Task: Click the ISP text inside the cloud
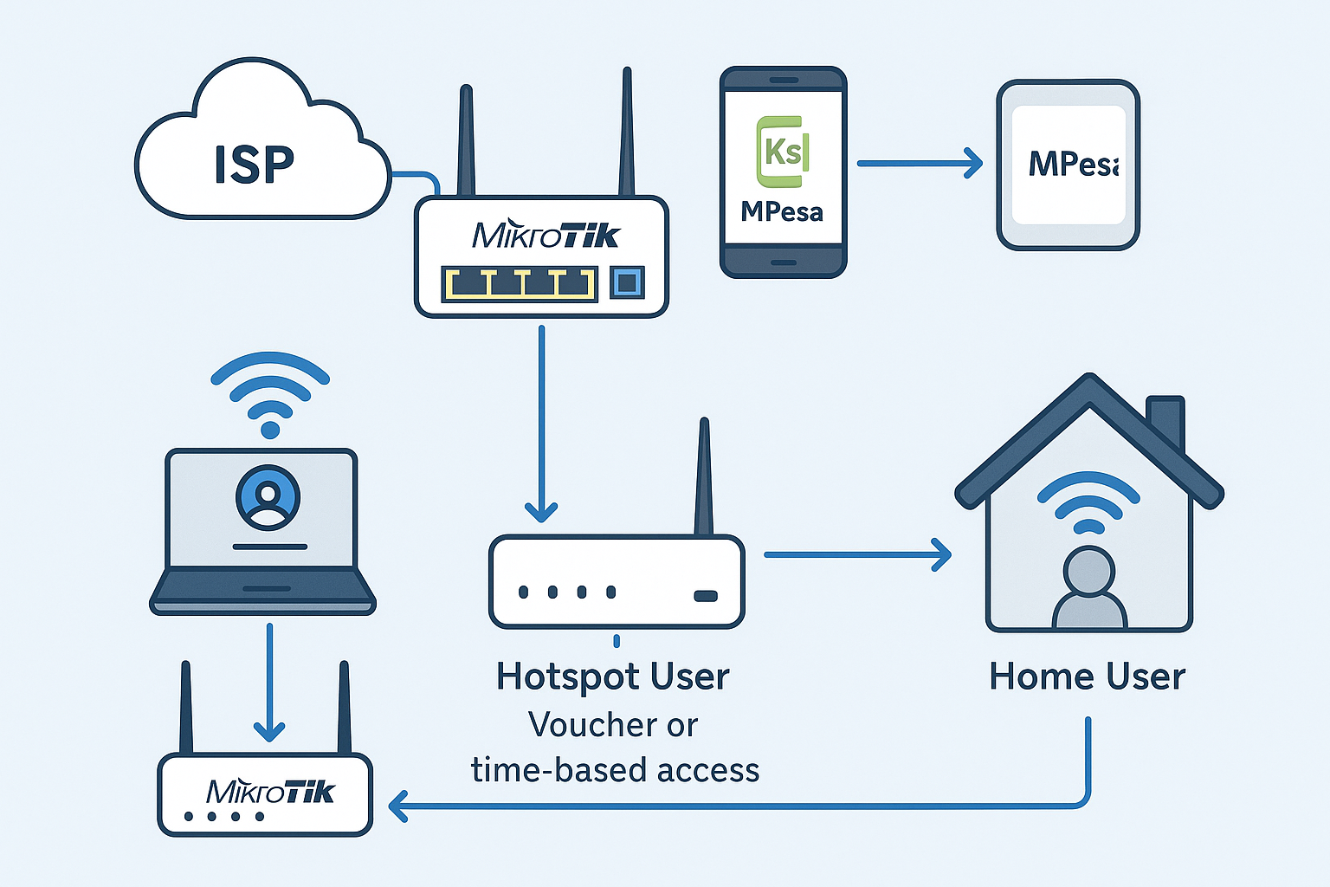(x=254, y=165)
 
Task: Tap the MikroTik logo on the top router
(x=546, y=235)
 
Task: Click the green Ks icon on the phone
(x=783, y=152)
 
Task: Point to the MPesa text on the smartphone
(x=782, y=211)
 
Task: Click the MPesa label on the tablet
(x=1072, y=165)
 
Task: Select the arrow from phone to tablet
(x=919, y=163)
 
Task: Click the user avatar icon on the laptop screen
(x=268, y=498)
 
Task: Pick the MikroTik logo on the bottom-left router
(x=270, y=792)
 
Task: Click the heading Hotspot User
(x=613, y=677)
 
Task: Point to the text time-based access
(x=615, y=770)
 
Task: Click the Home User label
(x=1087, y=677)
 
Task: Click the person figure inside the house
(x=1089, y=589)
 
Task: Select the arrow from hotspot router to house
(x=856, y=554)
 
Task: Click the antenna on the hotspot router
(x=704, y=476)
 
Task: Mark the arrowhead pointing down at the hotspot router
(x=541, y=511)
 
